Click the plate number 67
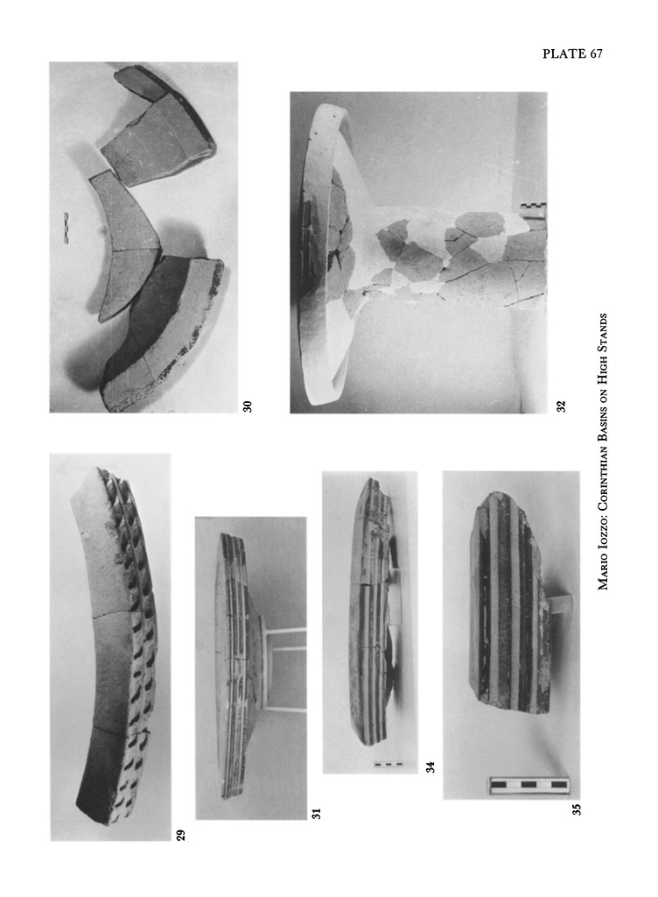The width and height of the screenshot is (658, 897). click(x=597, y=53)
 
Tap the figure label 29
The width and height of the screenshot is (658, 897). click(x=180, y=835)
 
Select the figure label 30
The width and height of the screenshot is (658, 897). click(x=247, y=406)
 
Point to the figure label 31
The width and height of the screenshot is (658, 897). click(x=317, y=813)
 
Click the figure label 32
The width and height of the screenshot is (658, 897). click(x=561, y=406)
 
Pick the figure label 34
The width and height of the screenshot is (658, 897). click(x=430, y=766)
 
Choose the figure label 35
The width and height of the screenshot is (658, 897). click(x=577, y=809)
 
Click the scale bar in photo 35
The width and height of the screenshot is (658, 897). click(x=529, y=786)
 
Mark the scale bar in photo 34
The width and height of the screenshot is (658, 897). click(x=388, y=764)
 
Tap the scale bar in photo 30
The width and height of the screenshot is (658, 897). click(x=66, y=229)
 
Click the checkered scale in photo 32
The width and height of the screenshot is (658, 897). click(x=534, y=209)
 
